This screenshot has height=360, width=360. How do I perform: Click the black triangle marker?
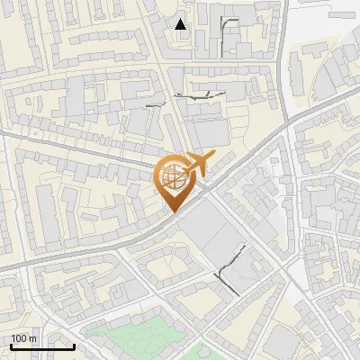point(181,24)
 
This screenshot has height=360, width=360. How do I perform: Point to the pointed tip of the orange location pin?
point(173,212)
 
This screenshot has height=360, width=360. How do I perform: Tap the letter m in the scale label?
point(33,338)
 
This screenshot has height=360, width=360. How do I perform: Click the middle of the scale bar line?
point(42,346)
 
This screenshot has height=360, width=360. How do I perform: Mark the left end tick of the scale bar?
point(11,345)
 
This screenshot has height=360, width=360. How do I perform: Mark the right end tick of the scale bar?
point(74,345)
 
